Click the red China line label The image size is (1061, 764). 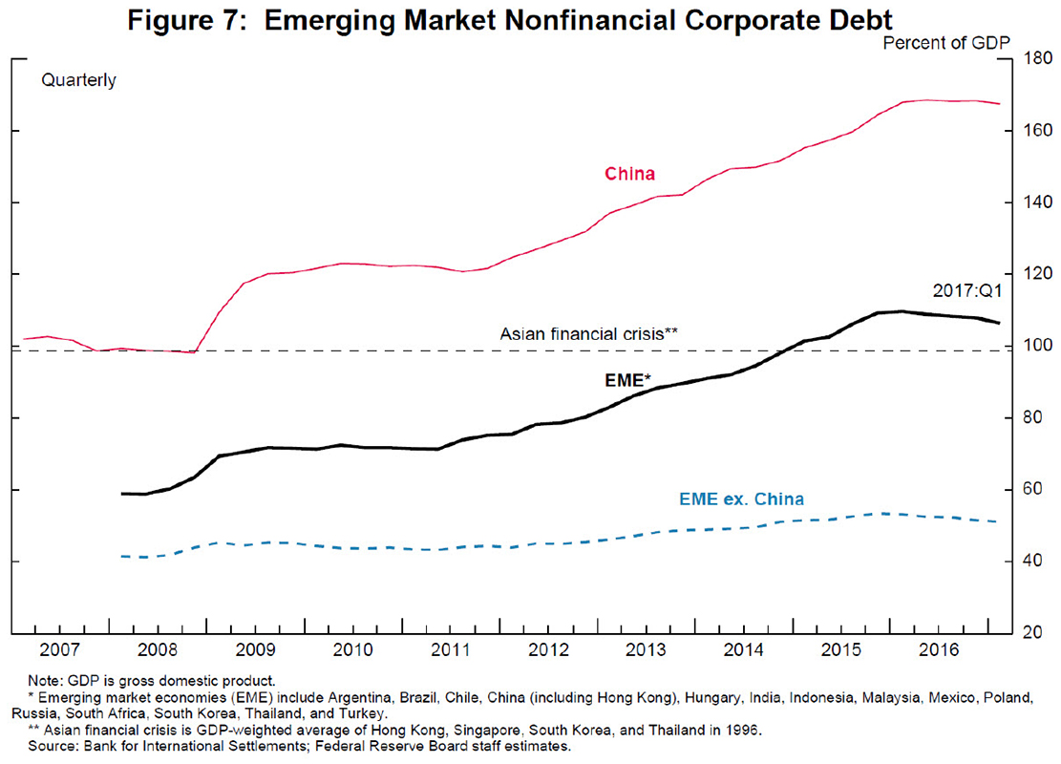click(x=629, y=174)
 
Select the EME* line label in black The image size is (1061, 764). click(x=627, y=380)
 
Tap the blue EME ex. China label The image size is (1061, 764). click(x=741, y=499)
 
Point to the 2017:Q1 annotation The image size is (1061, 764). click(x=962, y=289)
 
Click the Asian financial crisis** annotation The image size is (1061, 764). click(x=589, y=334)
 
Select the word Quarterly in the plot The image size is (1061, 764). click(x=78, y=81)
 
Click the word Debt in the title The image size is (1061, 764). click(x=857, y=19)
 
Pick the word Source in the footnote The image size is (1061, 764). click(x=58, y=747)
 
